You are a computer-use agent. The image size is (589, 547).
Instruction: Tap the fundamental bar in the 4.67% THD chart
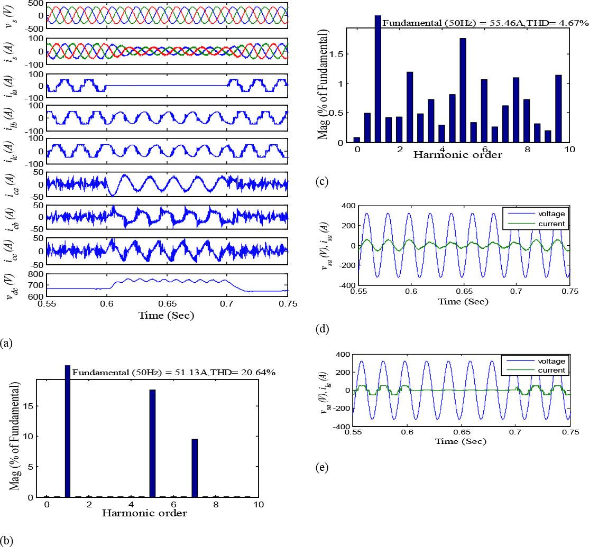click(378, 79)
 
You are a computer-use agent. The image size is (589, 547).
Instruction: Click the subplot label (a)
click(6, 343)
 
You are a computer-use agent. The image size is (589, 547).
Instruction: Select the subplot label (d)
click(323, 329)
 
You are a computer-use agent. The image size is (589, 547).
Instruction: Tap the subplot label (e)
click(323, 468)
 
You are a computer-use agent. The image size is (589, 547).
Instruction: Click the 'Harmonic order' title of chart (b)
click(144, 513)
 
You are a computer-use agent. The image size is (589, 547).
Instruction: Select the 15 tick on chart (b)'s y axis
click(32, 406)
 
